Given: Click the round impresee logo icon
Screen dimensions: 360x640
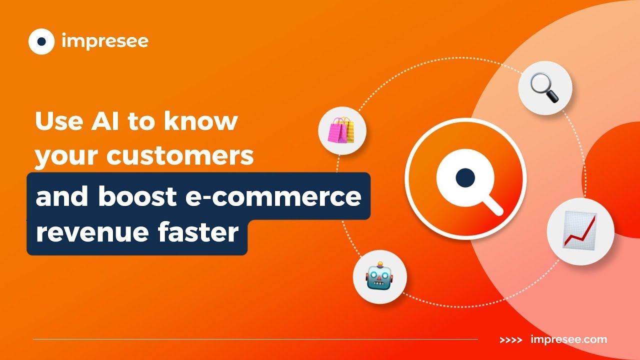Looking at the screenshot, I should tap(41, 41).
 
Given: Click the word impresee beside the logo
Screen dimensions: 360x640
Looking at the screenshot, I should tap(105, 41).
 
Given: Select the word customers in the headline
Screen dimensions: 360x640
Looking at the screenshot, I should tap(179, 156).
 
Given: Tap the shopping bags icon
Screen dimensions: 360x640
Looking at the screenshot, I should tap(342, 131).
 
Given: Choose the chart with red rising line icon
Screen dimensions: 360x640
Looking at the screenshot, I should tap(579, 230).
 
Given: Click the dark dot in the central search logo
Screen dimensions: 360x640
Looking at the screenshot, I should tap(465, 177).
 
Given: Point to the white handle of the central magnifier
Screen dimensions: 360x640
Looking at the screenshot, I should tap(492, 204).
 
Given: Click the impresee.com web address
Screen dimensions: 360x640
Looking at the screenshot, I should tap(568, 340).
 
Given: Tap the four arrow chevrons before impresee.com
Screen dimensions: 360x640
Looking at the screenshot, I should tap(511, 340).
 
